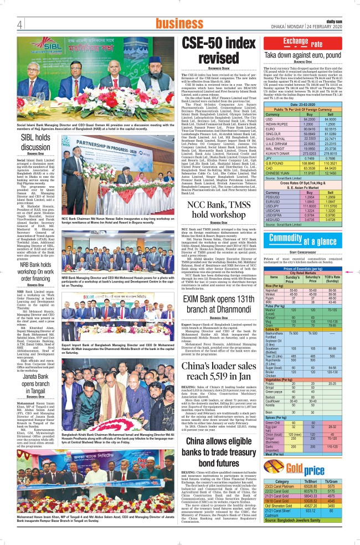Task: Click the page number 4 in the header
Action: (x=19, y=24)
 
